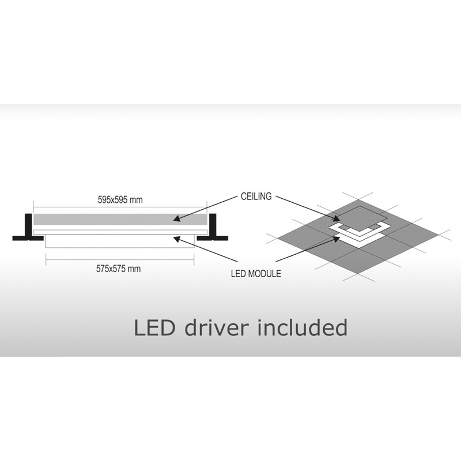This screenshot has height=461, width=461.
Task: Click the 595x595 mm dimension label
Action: point(120,200)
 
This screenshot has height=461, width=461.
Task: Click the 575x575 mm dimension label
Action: point(118,269)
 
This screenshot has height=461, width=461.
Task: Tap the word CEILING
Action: point(256,197)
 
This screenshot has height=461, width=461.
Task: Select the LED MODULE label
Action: point(256,274)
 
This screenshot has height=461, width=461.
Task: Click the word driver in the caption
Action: point(217,327)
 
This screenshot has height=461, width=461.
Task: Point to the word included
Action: point(302,327)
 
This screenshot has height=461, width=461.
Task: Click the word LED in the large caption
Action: point(154,328)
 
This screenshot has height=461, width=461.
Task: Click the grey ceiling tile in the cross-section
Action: point(120,220)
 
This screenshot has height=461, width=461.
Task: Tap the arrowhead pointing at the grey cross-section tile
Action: point(176,218)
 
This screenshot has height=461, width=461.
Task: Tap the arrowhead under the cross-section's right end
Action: point(176,239)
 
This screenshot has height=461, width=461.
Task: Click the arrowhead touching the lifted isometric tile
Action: point(336,219)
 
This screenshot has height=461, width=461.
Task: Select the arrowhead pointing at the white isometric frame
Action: point(336,239)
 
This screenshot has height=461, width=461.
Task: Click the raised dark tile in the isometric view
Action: point(361,218)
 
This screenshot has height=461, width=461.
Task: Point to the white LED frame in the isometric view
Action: point(360,232)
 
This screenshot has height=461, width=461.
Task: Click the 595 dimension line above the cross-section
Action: point(120,207)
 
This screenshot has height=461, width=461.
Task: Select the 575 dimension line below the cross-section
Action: point(120,260)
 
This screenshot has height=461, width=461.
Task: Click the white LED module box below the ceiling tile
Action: point(120,241)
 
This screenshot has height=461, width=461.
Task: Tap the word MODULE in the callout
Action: point(264,274)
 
